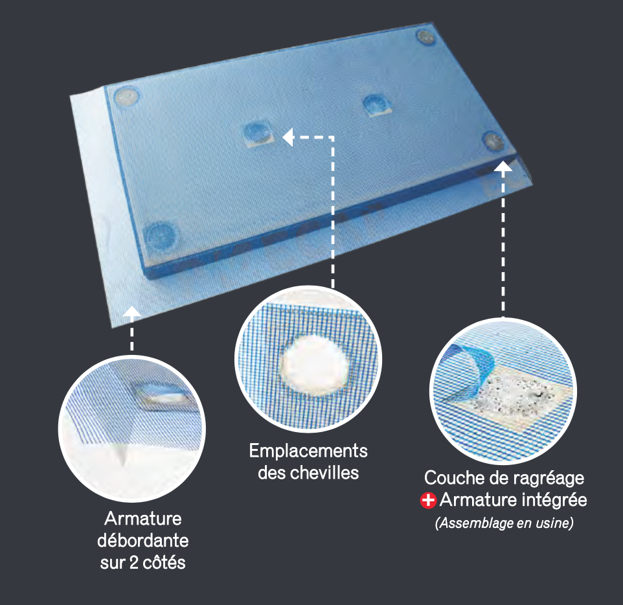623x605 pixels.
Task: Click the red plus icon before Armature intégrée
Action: coord(428,501)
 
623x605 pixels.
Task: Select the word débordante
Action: coord(143,541)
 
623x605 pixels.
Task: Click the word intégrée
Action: coord(554,500)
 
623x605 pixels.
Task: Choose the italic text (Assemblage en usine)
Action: coord(504,523)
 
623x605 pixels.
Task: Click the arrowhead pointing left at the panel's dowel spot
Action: coord(288,137)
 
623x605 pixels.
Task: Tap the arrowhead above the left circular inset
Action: coord(132,312)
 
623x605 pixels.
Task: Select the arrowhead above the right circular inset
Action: coord(503,166)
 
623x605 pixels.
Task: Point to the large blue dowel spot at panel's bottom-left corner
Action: coord(159,237)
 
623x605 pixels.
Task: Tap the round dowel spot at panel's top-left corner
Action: coord(127,97)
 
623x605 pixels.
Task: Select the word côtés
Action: coord(164,562)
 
